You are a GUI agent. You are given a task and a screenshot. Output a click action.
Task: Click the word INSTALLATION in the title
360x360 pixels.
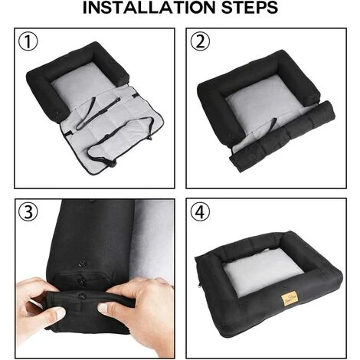coord(149,8)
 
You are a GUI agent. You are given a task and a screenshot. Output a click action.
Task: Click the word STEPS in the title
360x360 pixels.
coord(250,8)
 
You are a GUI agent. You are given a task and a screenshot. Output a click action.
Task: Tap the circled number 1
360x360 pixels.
coord(28,42)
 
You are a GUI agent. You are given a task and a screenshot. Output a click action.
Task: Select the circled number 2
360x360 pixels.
coord(201,42)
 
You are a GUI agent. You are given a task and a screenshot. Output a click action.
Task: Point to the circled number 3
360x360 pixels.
coord(28,212)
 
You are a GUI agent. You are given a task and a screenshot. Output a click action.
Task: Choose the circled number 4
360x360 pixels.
coord(201,212)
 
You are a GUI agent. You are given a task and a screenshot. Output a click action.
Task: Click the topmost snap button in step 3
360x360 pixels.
coord(82,263)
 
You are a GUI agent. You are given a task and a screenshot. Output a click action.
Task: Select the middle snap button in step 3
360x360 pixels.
coord(82,282)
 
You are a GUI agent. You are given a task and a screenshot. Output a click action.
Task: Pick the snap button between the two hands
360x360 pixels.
coord(82,296)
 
